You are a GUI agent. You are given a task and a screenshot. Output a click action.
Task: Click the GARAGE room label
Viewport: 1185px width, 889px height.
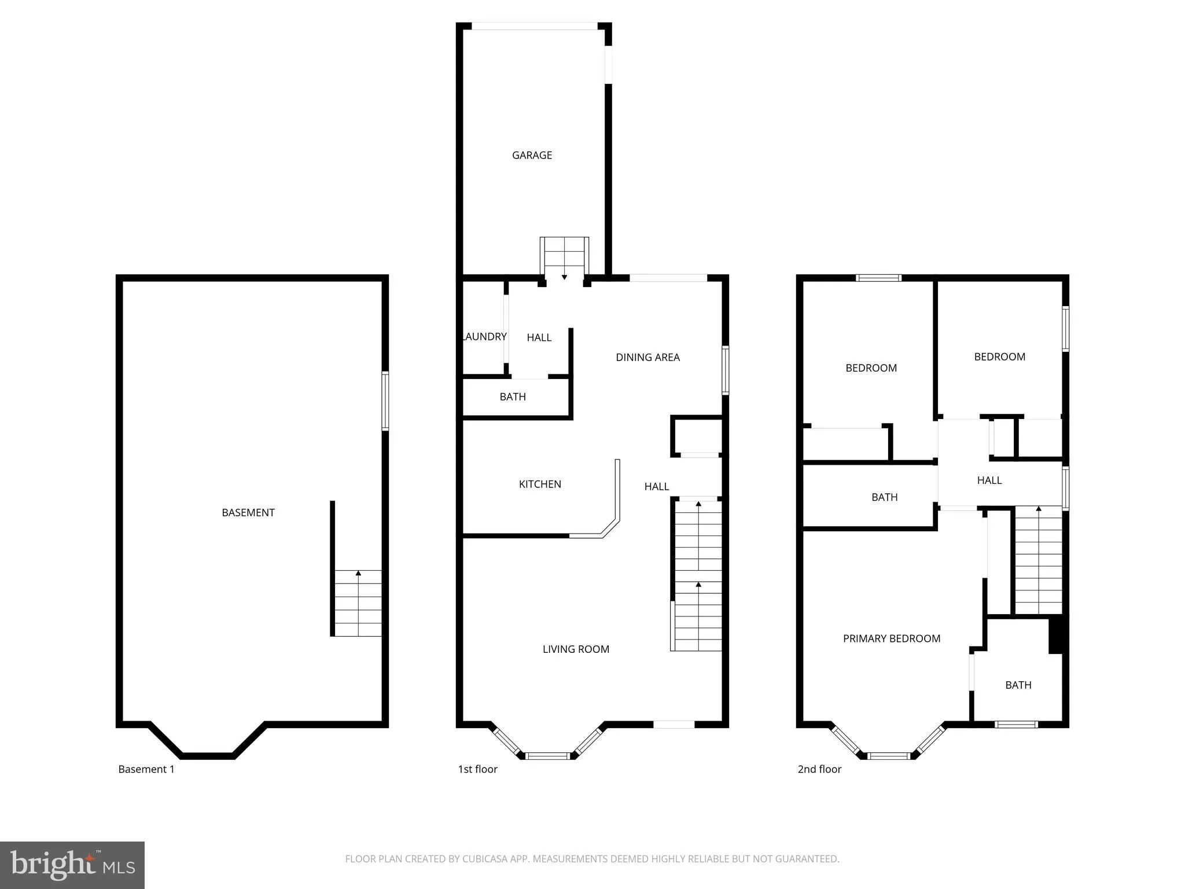click(532, 155)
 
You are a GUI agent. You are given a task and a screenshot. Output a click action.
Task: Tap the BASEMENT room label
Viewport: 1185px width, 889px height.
click(248, 512)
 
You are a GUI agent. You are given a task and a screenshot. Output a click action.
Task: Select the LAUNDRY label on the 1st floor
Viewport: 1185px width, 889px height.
click(485, 336)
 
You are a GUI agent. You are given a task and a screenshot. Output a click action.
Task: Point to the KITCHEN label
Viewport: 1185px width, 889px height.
click(540, 484)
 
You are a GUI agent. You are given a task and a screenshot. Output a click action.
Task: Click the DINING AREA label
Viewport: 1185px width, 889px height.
click(647, 357)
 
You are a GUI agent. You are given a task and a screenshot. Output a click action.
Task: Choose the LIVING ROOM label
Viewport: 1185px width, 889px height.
click(576, 649)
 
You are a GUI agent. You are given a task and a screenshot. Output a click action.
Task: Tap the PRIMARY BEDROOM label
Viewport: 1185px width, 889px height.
click(891, 638)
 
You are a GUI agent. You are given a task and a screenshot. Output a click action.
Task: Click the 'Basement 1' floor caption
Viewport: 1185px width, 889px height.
click(146, 769)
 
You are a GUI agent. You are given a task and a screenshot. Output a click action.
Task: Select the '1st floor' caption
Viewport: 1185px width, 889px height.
click(477, 769)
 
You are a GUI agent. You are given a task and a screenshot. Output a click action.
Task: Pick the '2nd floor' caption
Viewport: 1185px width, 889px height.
click(819, 769)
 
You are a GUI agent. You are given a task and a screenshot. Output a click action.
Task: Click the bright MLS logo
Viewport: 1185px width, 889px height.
click(72, 865)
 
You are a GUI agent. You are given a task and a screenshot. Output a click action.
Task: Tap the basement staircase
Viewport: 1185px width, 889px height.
click(358, 603)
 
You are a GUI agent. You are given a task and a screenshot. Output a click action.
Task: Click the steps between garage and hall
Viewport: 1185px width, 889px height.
click(564, 258)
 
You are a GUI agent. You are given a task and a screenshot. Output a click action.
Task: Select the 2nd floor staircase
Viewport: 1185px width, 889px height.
click(1038, 560)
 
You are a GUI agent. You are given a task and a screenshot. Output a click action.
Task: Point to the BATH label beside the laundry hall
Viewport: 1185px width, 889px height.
click(513, 396)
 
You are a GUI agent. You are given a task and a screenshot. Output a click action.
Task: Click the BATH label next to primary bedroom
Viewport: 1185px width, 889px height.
click(1018, 685)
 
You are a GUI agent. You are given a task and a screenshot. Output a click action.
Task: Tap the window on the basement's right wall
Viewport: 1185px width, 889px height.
click(385, 401)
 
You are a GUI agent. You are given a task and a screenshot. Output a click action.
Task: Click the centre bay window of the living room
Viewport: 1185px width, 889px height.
click(547, 755)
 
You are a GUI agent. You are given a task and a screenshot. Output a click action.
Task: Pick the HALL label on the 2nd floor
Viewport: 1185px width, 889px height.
click(989, 480)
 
